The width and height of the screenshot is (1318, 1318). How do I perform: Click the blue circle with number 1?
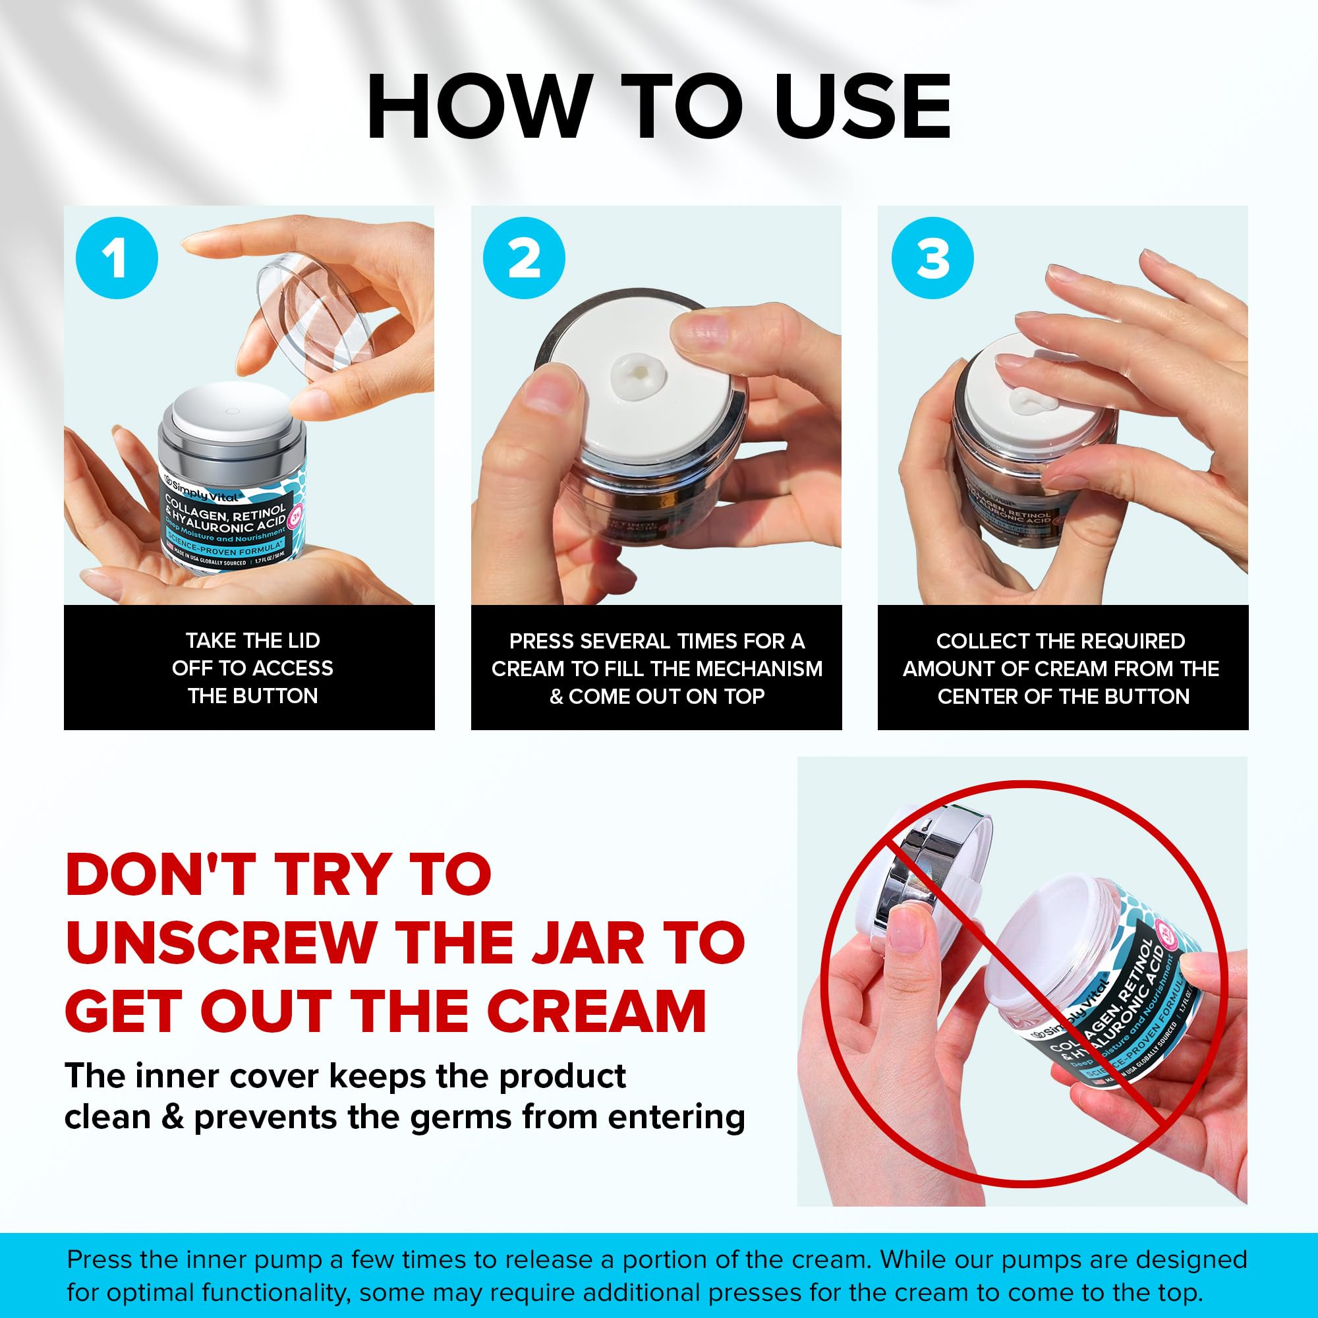tap(117, 258)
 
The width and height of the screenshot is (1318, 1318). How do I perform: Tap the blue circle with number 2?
tap(524, 258)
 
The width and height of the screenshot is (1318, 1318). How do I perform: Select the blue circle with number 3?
tap(932, 258)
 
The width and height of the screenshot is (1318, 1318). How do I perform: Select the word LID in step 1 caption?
tap(303, 641)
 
